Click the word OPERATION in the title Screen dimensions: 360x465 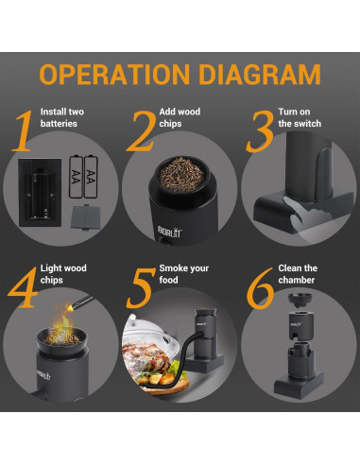point(114,75)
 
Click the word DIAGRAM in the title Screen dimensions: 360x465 point(260,75)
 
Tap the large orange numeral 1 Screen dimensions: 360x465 point(23,130)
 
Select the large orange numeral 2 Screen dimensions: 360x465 point(142,130)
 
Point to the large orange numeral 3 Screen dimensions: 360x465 point(260,131)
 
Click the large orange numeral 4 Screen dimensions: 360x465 point(23,287)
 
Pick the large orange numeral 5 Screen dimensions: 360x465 point(141,288)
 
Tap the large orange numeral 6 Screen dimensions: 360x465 point(260,288)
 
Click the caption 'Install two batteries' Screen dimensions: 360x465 point(62,117)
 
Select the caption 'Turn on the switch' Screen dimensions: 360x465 point(300,117)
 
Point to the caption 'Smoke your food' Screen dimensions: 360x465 point(183,274)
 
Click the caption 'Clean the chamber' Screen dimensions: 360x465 point(298,274)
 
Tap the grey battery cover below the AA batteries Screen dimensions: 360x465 point(82,217)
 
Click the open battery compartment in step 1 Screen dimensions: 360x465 point(40,192)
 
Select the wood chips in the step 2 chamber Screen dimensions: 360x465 point(181,175)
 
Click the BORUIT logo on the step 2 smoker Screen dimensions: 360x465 point(169,232)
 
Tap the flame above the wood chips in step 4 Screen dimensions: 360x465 point(62,323)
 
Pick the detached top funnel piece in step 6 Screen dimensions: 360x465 point(300,300)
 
